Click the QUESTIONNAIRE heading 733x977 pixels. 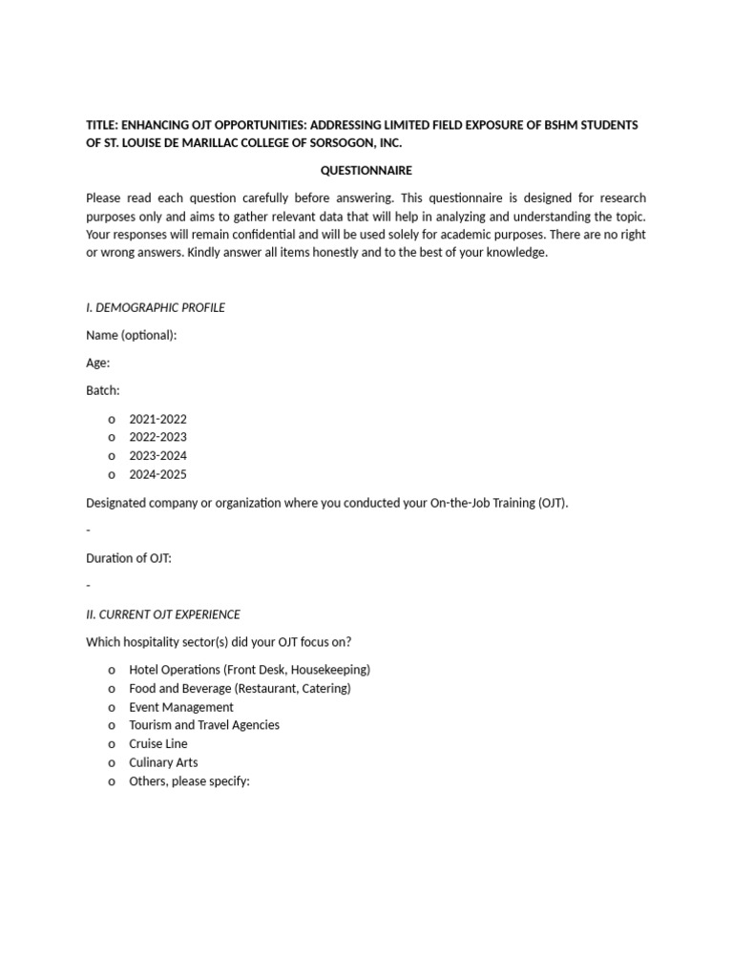pos(366,171)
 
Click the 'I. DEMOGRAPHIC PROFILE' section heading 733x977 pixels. pos(156,307)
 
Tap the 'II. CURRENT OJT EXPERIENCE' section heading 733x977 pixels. pos(163,614)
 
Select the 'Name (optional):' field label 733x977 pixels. pos(131,335)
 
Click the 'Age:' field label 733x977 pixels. pos(97,363)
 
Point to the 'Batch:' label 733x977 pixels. pos(103,390)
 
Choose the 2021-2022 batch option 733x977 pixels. pos(157,419)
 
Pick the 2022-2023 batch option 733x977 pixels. pos(157,437)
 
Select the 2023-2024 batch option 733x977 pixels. pos(157,456)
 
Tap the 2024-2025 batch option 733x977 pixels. pos(157,474)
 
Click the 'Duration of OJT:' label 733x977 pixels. pos(129,558)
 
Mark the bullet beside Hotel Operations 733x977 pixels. pos(112,671)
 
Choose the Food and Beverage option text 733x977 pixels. pos(240,688)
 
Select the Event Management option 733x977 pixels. pos(181,707)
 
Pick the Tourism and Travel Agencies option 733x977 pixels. pos(204,725)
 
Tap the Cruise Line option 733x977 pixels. pos(158,743)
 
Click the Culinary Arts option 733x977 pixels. pos(163,762)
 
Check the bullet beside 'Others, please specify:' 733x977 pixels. pos(112,781)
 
